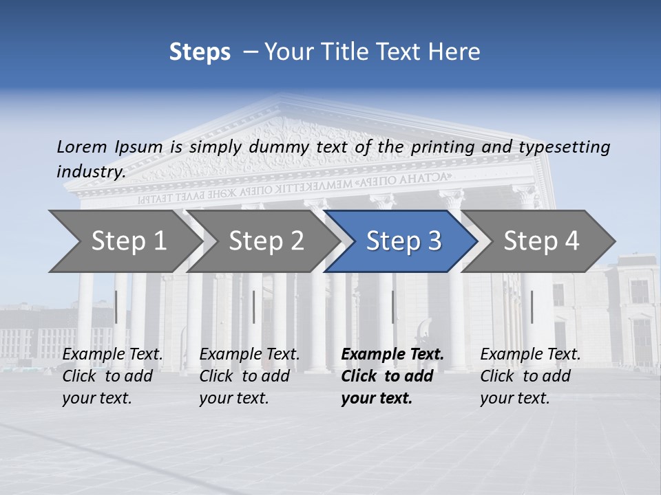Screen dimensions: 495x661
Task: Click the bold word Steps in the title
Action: point(200,52)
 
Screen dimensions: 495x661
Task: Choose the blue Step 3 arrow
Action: point(403,241)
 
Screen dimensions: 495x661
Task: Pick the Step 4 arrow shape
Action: point(541,241)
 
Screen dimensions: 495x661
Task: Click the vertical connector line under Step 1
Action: point(116,307)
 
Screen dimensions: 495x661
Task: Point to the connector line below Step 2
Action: point(254,307)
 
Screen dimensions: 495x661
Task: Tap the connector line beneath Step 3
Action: point(393,307)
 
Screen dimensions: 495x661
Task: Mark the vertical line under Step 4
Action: point(532,307)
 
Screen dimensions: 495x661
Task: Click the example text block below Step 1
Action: point(112,376)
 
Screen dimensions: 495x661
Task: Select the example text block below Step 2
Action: point(249,376)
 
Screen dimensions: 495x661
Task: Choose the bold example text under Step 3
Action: point(392,376)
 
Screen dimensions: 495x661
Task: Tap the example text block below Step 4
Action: point(530,376)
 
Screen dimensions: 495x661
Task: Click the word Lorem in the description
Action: point(82,146)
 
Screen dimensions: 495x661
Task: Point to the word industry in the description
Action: point(91,171)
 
